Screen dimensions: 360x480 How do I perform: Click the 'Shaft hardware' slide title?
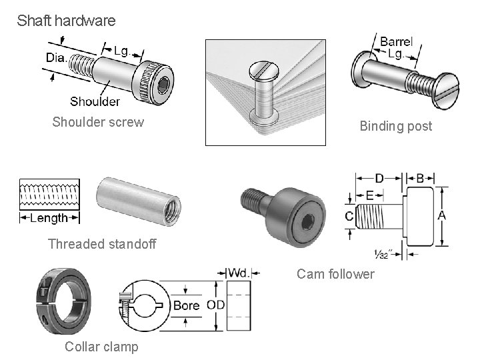click(x=66, y=21)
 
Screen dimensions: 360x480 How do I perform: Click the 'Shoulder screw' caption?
click(x=98, y=122)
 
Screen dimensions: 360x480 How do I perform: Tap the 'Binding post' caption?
click(x=395, y=126)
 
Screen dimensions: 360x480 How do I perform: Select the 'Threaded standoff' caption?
click(x=102, y=244)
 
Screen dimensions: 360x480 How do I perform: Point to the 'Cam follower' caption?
click(x=335, y=274)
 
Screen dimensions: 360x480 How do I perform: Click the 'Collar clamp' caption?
click(x=101, y=346)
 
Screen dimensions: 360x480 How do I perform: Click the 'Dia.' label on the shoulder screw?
click(x=57, y=58)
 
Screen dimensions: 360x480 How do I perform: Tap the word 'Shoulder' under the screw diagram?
click(x=95, y=101)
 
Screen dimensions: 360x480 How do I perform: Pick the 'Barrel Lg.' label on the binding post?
click(x=396, y=47)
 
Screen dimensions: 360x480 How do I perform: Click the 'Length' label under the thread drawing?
click(x=49, y=218)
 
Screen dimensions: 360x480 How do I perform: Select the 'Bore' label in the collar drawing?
click(x=186, y=305)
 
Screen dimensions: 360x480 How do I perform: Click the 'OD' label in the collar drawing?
click(x=215, y=305)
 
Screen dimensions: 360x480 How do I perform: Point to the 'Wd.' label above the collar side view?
click(x=239, y=273)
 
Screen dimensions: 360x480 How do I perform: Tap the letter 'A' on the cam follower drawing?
click(x=441, y=215)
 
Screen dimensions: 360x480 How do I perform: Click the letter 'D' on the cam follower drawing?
click(x=379, y=178)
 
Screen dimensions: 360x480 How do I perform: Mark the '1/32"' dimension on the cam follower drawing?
click(x=383, y=254)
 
